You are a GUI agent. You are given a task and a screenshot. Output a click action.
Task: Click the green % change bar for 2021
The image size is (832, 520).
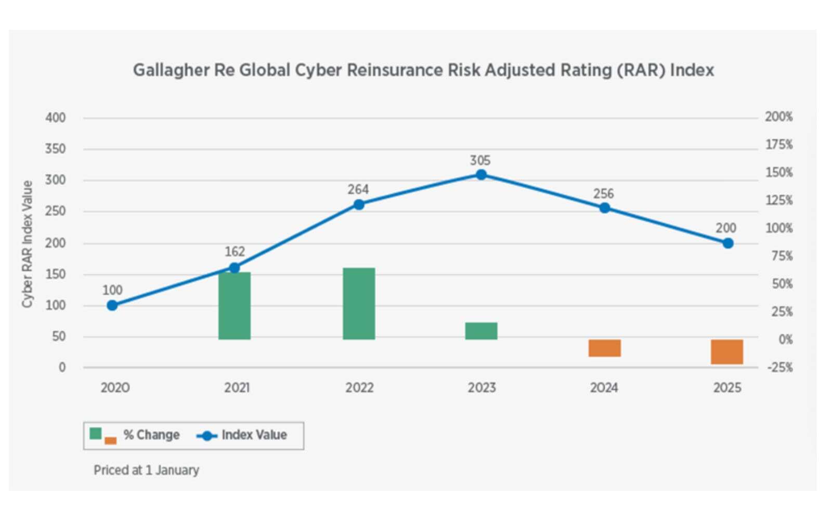tap(234, 306)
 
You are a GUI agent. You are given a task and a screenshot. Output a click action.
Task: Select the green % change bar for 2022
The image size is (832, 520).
tap(359, 304)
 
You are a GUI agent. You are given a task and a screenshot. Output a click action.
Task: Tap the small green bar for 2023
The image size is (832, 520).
tap(481, 331)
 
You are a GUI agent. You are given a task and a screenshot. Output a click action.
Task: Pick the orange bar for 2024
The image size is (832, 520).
tap(604, 348)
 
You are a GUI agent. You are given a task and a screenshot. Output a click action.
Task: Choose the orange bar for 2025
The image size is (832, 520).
tap(727, 352)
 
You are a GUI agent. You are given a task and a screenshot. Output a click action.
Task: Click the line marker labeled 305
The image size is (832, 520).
tap(482, 175)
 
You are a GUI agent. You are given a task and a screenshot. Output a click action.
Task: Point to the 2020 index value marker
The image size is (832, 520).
tap(112, 305)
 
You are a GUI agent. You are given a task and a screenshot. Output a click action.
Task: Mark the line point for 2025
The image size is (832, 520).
tap(728, 243)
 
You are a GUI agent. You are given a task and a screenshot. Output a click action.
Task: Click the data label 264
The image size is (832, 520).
tap(358, 190)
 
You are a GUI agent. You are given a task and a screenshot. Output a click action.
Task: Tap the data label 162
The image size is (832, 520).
tap(235, 252)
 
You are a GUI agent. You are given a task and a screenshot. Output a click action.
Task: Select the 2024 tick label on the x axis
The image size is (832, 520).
tap(604, 388)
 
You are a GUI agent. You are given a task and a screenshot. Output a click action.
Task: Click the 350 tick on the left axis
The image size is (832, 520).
tap(56, 149)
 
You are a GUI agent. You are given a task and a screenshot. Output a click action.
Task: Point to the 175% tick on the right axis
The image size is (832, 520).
tap(778, 145)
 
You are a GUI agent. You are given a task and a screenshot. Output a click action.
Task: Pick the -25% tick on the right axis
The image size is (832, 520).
tap(779, 368)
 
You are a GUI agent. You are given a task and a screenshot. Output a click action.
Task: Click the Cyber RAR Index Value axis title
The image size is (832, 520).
tap(27, 243)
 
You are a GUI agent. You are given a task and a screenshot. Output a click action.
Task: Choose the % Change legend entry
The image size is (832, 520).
tap(151, 435)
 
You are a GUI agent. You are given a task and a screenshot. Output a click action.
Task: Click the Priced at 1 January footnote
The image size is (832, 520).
tap(146, 470)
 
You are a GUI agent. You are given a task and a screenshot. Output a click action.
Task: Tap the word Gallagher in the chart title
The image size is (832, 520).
tap(171, 70)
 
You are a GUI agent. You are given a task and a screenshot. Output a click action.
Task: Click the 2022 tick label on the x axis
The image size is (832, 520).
tap(359, 388)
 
